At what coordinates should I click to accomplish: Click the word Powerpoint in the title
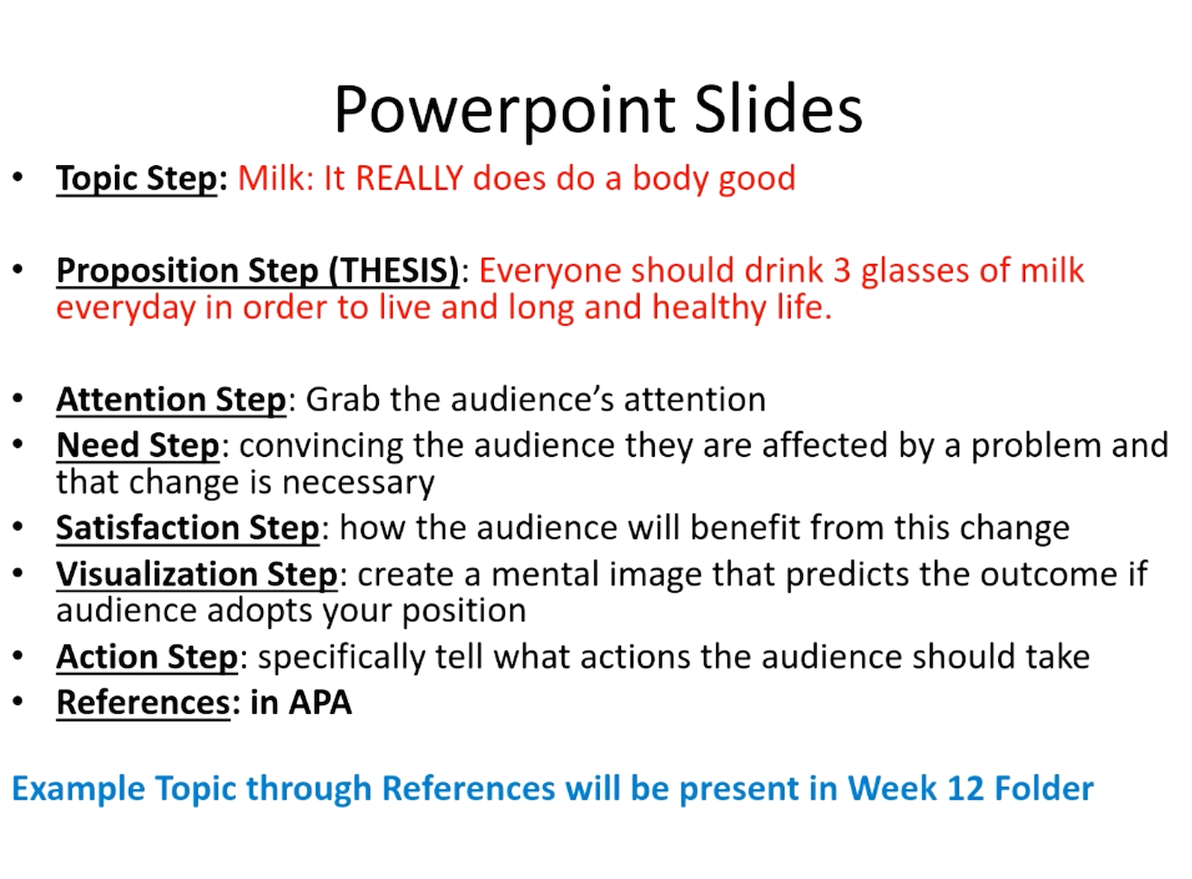click(x=505, y=111)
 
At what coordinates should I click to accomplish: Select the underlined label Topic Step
click(x=137, y=178)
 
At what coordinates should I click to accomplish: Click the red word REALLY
click(x=409, y=177)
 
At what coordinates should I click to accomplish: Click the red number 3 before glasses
click(x=842, y=270)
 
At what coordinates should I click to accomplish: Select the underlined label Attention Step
click(x=171, y=400)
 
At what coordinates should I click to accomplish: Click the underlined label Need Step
click(x=138, y=446)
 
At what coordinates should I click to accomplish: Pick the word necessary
click(x=358, y=483)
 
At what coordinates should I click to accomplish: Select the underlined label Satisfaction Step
click(x=188, y=528)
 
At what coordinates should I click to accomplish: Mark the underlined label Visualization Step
click(x=197, y=574)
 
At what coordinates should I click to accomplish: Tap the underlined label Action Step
click(x=147, y=658)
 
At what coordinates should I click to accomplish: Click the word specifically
click(x=342, y=658)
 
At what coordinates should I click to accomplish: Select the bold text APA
click(x=320, y=703)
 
